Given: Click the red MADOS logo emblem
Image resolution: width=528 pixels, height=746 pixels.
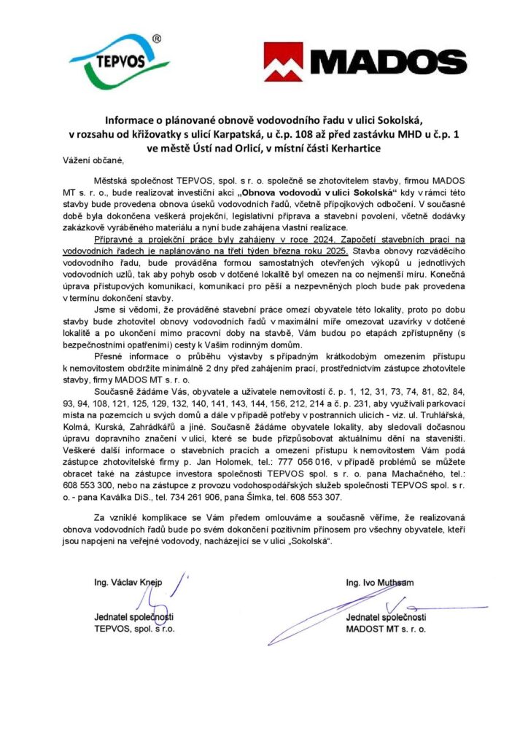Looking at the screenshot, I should tap(282, 61).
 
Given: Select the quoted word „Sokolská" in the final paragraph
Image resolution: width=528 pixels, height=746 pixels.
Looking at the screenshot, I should tap(308, 542).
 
